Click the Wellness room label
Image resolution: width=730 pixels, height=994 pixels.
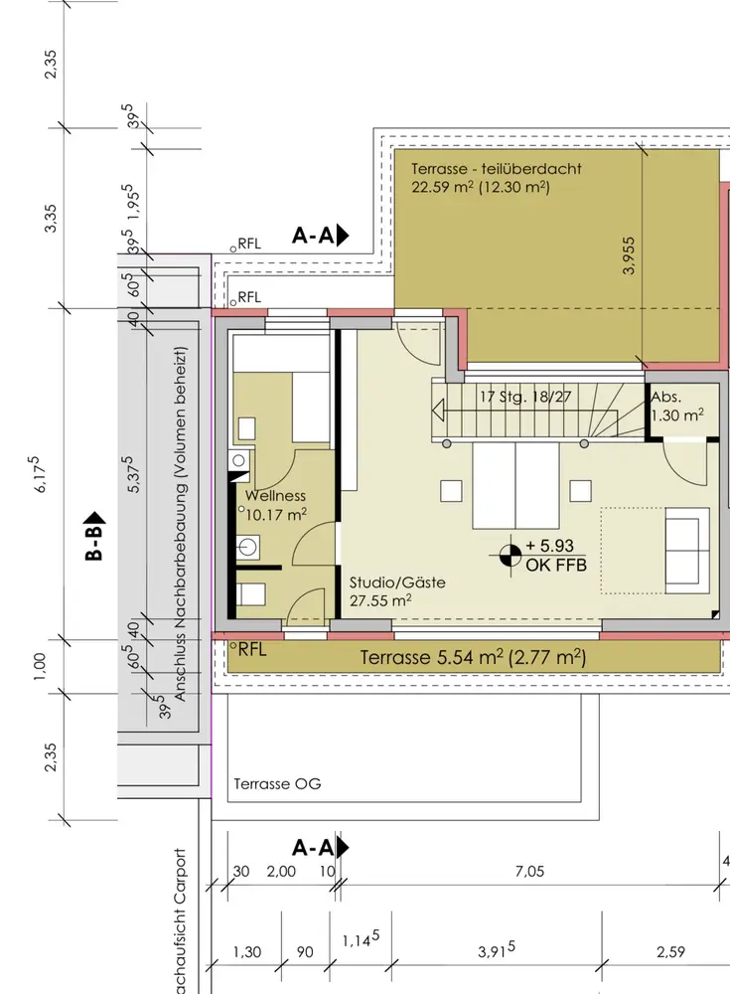coord(276,496)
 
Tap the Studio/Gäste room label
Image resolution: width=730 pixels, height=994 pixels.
coord(397,581)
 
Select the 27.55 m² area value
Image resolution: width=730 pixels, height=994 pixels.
coord(380,599)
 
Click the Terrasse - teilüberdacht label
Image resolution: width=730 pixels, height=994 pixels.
coord(497,169)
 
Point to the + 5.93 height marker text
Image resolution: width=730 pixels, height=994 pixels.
coord(549,546)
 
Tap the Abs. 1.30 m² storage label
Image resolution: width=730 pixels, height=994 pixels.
coord(677,407)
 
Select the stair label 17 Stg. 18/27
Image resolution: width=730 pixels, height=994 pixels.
coord(525,397)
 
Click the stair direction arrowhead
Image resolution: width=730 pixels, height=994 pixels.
coord(438,411)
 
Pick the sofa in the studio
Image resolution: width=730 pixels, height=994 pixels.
coord(686,551)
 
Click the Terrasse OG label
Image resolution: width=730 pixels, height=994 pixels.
coord(277,783)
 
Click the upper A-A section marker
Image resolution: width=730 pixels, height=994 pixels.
coord(321,236)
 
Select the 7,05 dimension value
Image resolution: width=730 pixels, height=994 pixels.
coord(529,871)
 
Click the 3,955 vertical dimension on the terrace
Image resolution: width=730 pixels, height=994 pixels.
coord(628,255)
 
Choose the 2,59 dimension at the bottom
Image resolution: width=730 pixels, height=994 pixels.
coord(670,951)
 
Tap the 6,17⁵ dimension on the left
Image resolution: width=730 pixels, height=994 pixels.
coord(39,473)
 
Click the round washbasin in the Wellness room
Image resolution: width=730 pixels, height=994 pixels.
coord(247,547)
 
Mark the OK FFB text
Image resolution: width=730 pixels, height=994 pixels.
coord(556,565)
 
